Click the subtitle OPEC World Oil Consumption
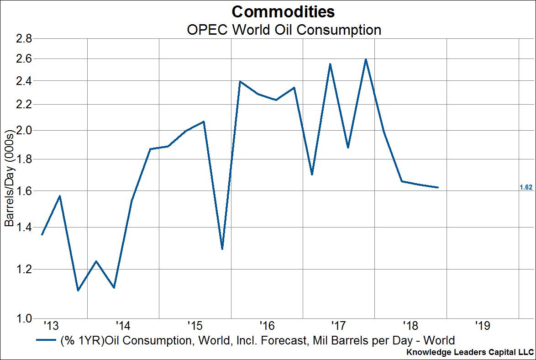[284, 30]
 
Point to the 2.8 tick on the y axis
[23, 39]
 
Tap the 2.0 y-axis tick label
[23, 131]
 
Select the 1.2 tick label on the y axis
[23, 269]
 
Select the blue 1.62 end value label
[526, 187]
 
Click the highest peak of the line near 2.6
[366, 59]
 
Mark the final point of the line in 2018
[438, 187]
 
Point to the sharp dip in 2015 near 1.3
[222, 249]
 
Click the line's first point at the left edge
[42, 234]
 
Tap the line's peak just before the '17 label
[330, 64]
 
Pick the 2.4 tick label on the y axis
[23, 81]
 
